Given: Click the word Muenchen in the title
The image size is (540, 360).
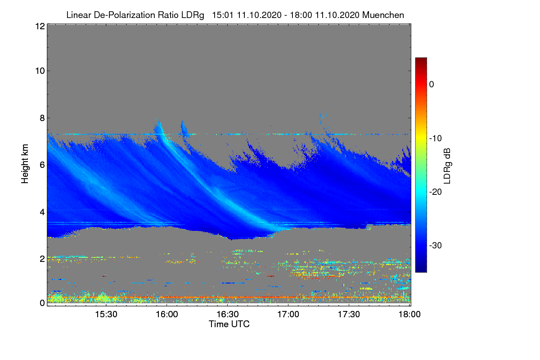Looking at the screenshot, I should pyautogui.click(x=385, y=15).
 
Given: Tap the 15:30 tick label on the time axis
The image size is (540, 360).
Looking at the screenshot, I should pyautogui.click(x=106, y=315).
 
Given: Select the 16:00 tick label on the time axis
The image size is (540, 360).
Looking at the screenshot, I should pyautogui.click(x=166, y=315).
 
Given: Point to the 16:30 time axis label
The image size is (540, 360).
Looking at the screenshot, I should pyautogui.click(x=227, y=315).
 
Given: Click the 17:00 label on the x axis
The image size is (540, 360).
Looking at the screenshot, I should pyautogui.click(x=288, y=315).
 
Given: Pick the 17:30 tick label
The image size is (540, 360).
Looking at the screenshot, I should pyautogui.click(x=349, y=315).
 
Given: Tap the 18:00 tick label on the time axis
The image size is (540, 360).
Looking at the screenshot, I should pyautogui.click(x=409, y=315).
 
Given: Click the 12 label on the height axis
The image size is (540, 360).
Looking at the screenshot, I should pyautogui.click(x=39, y=26).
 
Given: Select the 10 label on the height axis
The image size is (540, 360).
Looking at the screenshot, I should pyautogui.click(x=39, y=71).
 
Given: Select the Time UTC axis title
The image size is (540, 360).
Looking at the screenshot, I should pyautogui.click(x=229, y=324).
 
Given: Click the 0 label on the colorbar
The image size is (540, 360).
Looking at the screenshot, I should pyautogui.click(x=432, y=84).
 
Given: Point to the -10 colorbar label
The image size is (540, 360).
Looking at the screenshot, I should pyautogui.click(x=436, y=138).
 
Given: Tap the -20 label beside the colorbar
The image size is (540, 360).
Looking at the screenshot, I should pyautogui.click(x=436, y=192).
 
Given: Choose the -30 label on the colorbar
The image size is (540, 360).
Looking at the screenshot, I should pyautogui.click(x=436, y=246).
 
